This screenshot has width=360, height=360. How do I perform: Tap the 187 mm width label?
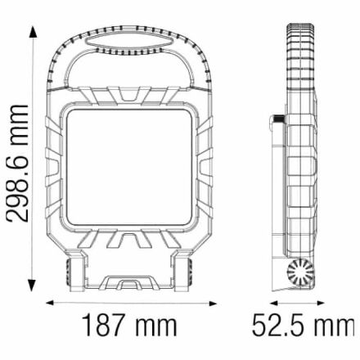click(129, 326)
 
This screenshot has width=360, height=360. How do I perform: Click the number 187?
click(105, 326)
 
